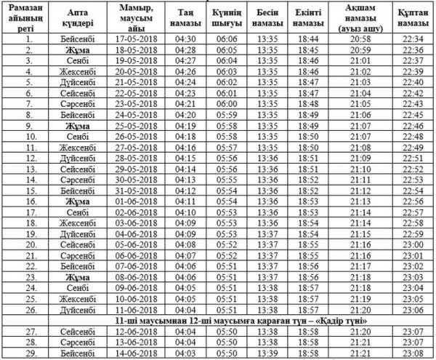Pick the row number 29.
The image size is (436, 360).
[30, 353]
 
